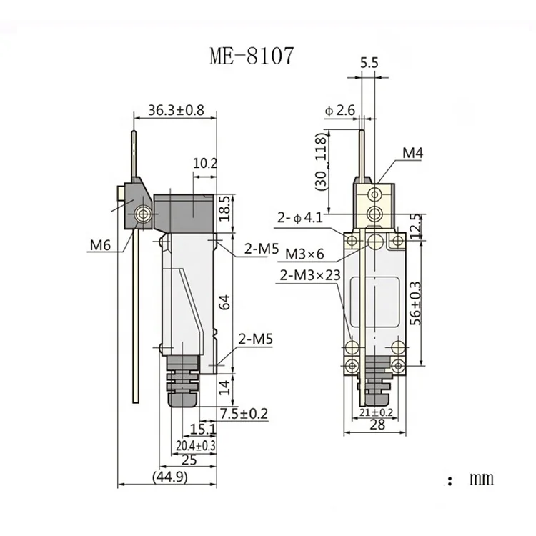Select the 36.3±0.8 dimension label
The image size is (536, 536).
[x=176, y=110]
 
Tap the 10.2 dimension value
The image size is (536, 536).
[x=204, y=164]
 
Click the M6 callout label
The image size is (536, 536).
[x=100, y=247]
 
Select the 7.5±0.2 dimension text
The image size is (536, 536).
[x=224, y=413]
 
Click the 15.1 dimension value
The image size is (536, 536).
[x=203, y=429]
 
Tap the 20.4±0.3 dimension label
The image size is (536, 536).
[x=196, y=445]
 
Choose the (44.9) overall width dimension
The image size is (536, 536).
[x=169, y=477]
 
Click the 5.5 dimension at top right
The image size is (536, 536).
[x=369, y=64]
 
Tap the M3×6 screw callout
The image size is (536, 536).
[x=305, y=254]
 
